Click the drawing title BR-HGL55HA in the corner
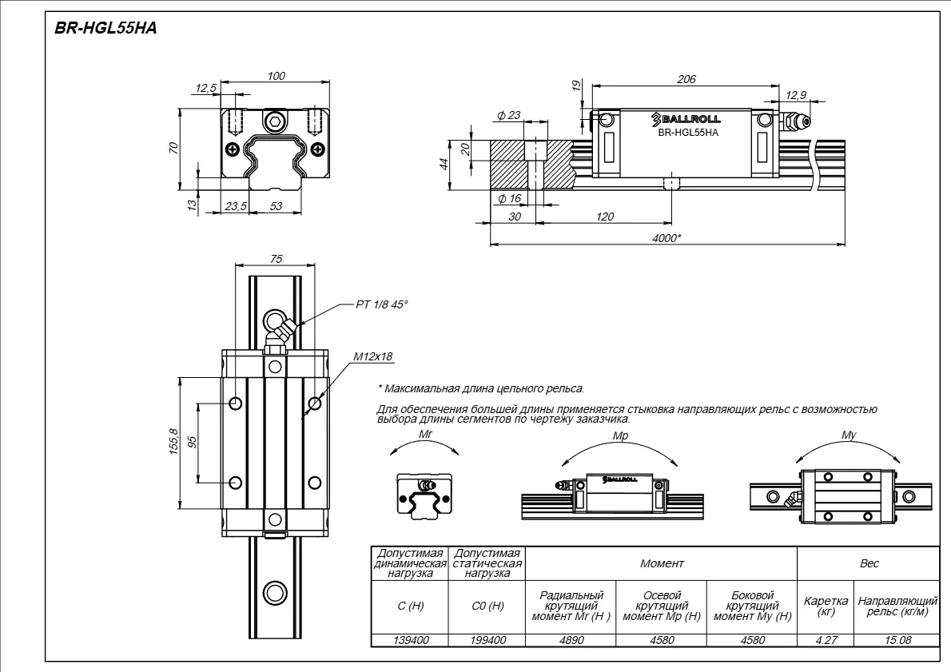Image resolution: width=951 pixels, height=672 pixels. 105,28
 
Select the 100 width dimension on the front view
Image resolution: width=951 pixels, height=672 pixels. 276,76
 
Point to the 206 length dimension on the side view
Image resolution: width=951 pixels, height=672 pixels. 686,79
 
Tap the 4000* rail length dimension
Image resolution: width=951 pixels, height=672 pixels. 666,238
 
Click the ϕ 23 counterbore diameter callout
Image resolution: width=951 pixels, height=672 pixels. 509,114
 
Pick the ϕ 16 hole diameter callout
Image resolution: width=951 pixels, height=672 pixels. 510,198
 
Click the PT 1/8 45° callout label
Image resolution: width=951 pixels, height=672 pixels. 382,304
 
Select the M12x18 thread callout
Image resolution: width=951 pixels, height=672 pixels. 374,356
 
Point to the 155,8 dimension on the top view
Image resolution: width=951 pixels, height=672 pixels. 174,442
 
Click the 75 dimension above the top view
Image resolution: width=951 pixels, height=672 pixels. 276,259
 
